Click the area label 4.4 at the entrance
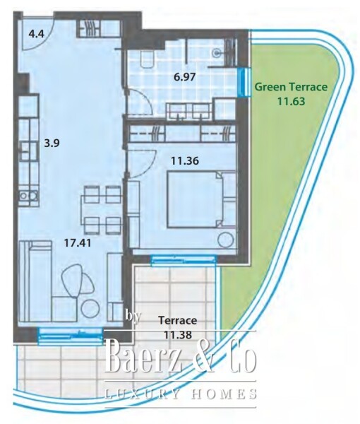tap(35, 33)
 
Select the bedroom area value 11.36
tap(184, 160)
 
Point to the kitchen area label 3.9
tap(52, 143)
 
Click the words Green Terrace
tap(291, 88)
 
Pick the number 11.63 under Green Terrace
tap(291, 101)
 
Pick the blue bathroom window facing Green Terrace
tap(242, 82)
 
